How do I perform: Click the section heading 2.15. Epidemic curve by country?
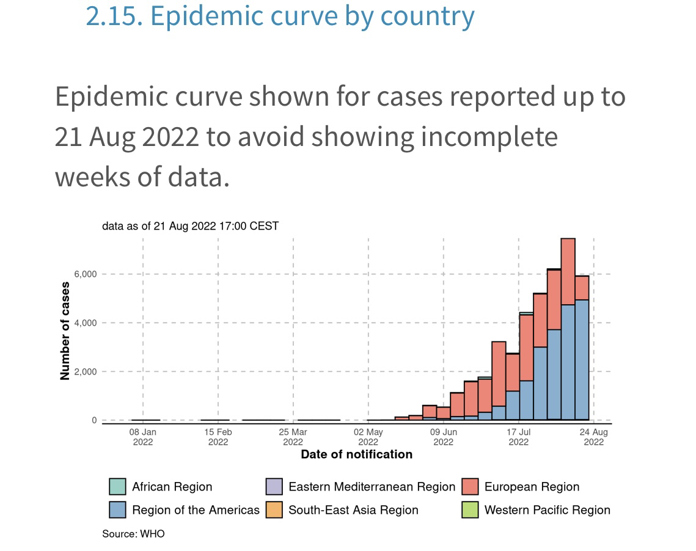click(x=280, y=16)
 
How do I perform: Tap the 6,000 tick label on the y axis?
click(x=85, y=274)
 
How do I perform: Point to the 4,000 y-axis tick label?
click(x=85, y=323)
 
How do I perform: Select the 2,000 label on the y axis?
click(x=85, y=372)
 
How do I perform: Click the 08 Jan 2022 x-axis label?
click(x=143, y=437)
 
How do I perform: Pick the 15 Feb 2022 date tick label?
click(x=218, y=437)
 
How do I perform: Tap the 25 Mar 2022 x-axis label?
click(x=293, y=437)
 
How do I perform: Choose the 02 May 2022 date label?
click(x=368, y=437)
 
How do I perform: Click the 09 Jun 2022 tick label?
click(x=444, y=437)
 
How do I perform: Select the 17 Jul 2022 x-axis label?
click(x=519, y=437)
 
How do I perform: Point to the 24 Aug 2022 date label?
click(x=594, y=437)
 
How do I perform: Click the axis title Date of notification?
click(x=356, y=454)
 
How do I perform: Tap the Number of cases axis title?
click(x=65, y=332)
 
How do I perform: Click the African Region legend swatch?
click(x=117, y=487)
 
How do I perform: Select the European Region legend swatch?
click(x=470, y=487)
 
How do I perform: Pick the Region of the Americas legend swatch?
click(x=117, y=509)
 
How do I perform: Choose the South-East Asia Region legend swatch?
click(x=274, y=509)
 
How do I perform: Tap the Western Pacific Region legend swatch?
click(x=470, y=509)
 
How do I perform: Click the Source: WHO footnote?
click(x=133, y=534)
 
